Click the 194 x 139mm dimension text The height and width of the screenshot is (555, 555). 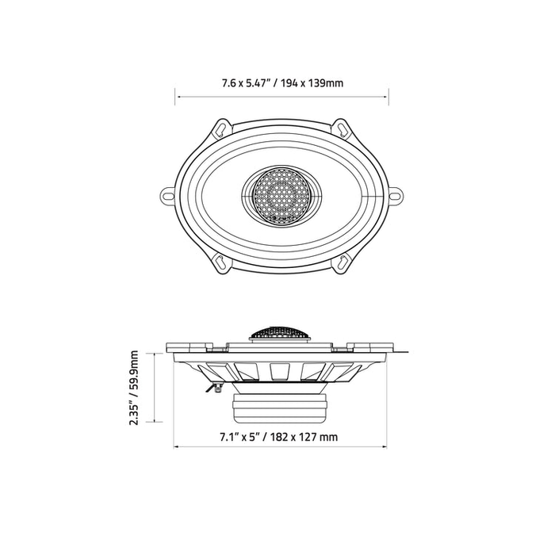click(312, 83)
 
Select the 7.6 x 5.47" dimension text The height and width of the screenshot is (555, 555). click(247, 83)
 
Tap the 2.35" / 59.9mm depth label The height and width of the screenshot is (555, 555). click(134, 388)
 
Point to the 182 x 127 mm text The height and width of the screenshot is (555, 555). click(304, 437)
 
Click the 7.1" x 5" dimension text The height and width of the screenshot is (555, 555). click(241, 437)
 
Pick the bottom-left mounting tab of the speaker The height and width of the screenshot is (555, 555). click(221, 264)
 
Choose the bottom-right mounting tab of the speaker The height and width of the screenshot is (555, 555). click(341, 264)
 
